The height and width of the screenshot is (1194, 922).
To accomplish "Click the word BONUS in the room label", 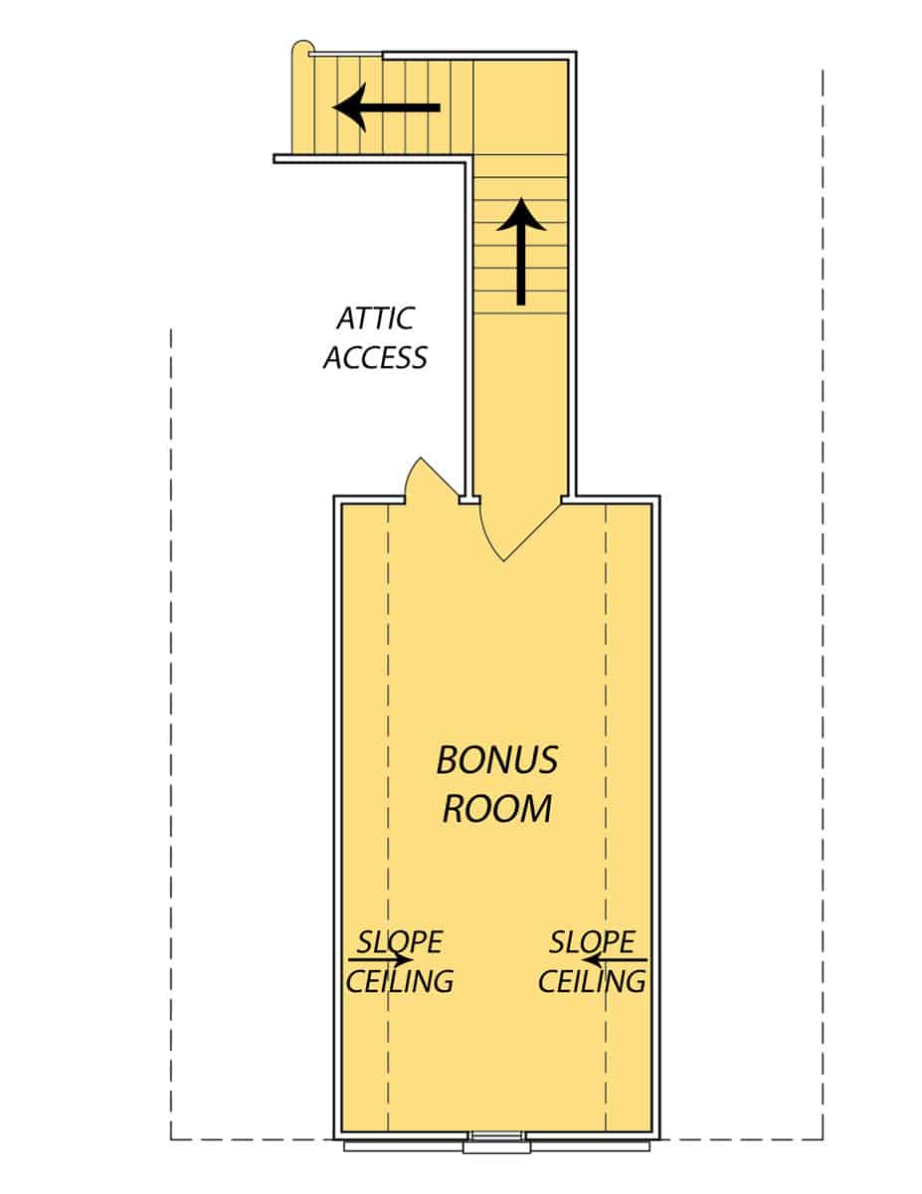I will pos(497,761).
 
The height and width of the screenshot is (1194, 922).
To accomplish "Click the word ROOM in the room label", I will pos(496,808).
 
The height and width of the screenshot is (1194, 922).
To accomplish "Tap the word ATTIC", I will pos(375,319).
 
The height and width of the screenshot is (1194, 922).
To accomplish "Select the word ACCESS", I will pos(375,357).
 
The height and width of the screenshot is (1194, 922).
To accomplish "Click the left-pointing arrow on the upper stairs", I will pos(386,107).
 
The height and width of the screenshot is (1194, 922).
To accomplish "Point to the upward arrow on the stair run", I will pos(520,250).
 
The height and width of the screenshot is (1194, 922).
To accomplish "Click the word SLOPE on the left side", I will pos(400,941).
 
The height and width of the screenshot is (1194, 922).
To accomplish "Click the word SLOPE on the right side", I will pos(592,941).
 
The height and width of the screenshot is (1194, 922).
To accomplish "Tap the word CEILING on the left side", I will pos(400,981).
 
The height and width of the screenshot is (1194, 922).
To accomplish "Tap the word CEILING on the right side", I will pos(592,981).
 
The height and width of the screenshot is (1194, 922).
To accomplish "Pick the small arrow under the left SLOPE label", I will pos(382,960).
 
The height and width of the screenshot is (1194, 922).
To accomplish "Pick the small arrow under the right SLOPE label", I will pos(615,960).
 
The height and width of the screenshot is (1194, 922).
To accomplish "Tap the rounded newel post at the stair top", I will pos(301,53).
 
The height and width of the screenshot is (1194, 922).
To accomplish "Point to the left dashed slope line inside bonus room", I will pos(387,696).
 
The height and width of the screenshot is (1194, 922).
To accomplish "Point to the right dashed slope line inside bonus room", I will pos(606,696).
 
